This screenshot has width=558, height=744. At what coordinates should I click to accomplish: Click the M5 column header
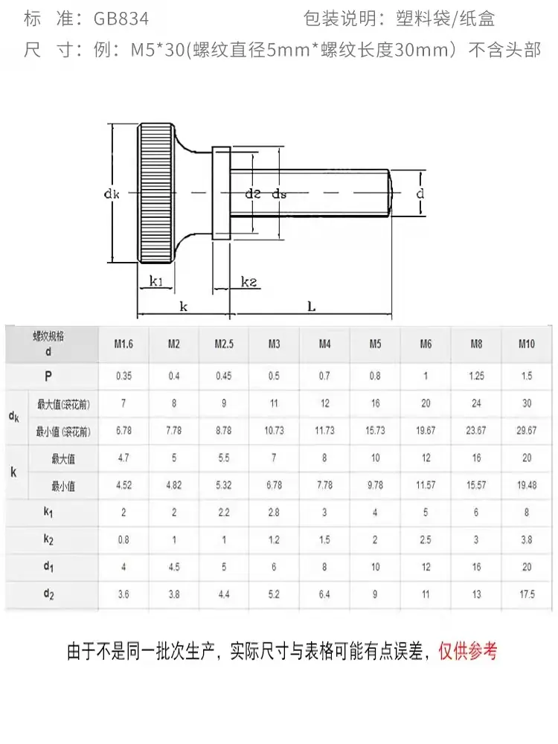pos(375,344)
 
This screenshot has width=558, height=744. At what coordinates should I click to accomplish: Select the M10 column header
pos(526,344)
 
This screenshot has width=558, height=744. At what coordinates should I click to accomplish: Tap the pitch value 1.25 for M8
pos(476,376)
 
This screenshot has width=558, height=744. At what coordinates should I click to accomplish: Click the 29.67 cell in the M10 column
pos(526,431)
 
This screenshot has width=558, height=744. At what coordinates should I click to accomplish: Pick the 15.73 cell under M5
pos(375,431)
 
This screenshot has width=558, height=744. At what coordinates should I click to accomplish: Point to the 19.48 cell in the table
pos(526,485)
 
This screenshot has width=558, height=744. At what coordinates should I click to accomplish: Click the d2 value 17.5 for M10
pos(527,594)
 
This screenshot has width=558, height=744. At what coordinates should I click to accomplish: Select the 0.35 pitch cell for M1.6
pos(124,376)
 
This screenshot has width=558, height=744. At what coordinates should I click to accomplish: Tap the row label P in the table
pos(48,376)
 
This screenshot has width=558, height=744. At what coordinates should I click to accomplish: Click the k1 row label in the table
pos(48,513)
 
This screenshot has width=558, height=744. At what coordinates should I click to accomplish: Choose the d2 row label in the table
pos(48,594)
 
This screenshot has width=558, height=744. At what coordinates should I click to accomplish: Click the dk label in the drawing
pos(112,193)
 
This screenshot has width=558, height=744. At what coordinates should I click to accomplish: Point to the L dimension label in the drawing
pos(311,307)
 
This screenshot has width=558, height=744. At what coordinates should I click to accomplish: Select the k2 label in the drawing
pos(249,282)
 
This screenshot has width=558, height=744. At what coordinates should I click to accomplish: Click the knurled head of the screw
pos(156,193)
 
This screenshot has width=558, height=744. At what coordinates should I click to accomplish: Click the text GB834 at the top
pos(121,19)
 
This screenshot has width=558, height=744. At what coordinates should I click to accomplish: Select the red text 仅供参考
pos(468,651)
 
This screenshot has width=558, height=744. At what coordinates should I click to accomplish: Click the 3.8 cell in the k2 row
pos(527,540)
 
